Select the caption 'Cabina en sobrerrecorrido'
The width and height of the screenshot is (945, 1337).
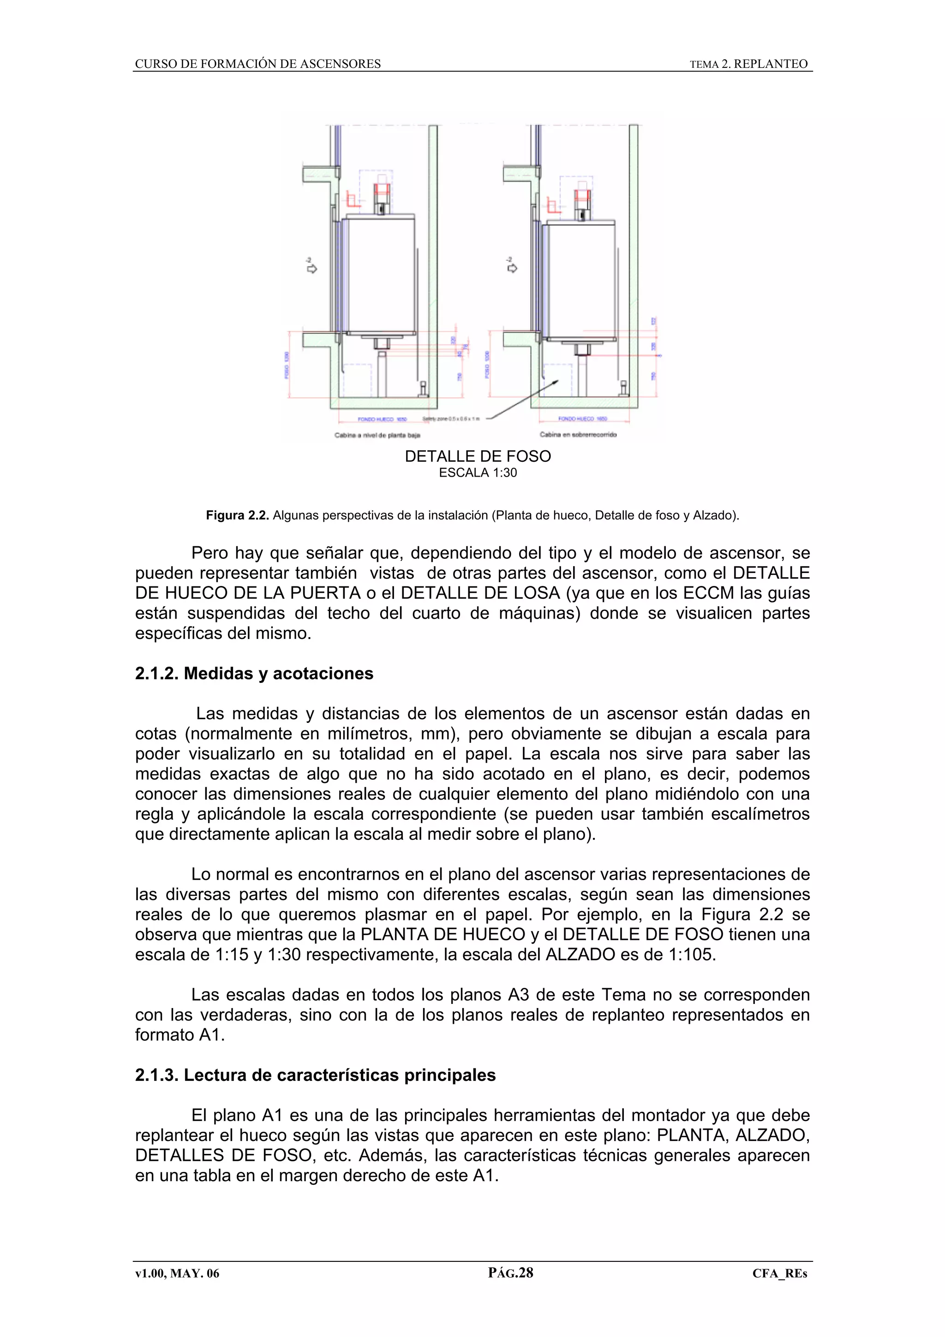[578, 435]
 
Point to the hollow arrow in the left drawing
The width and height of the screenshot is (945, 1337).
[311, 268]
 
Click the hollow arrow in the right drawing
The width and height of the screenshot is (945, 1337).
[512, 268]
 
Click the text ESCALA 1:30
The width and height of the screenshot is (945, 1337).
[478, 473]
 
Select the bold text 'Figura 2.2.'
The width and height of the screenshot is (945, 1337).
[237, 515]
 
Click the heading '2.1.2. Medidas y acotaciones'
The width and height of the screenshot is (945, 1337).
[254, 673]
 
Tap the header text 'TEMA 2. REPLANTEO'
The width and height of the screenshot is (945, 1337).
[749, 64]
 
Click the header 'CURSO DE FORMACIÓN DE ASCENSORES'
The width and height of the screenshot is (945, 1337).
[258, 64]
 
